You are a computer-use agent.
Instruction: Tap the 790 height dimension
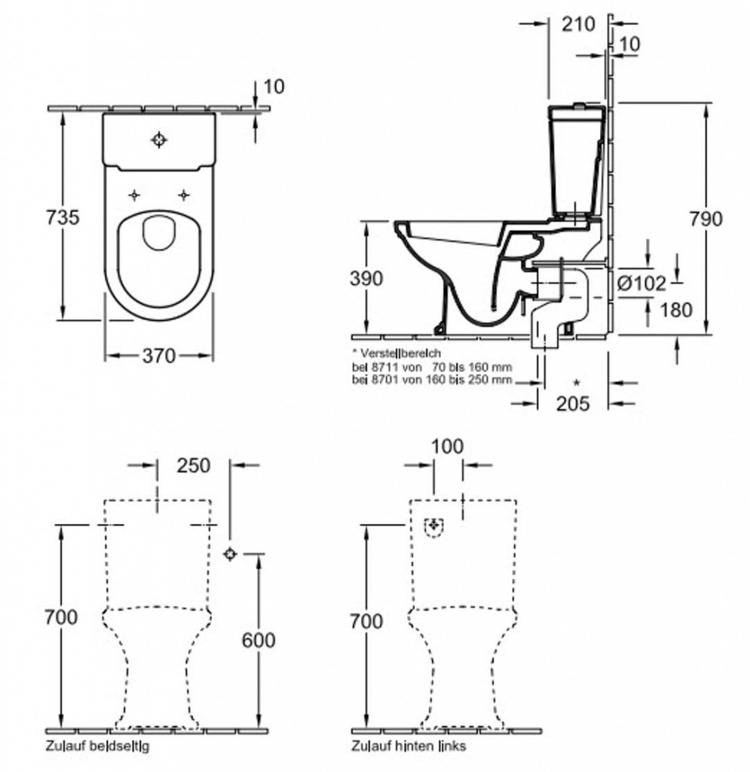tap(706, 219)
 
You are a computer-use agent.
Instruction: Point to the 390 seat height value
tap(366, 278)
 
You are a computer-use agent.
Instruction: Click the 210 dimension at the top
tap(577, 24)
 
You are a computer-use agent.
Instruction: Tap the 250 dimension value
tap(193, 466)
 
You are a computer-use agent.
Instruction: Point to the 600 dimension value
tap(259, 640)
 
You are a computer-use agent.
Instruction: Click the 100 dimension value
tap(448, 447)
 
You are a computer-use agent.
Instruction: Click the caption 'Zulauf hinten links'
tap(409, 746)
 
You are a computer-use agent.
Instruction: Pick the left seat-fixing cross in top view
tap(134, 195)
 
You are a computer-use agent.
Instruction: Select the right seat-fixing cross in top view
tap(183, 195)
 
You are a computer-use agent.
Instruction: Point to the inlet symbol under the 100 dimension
tap(434, 526)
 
